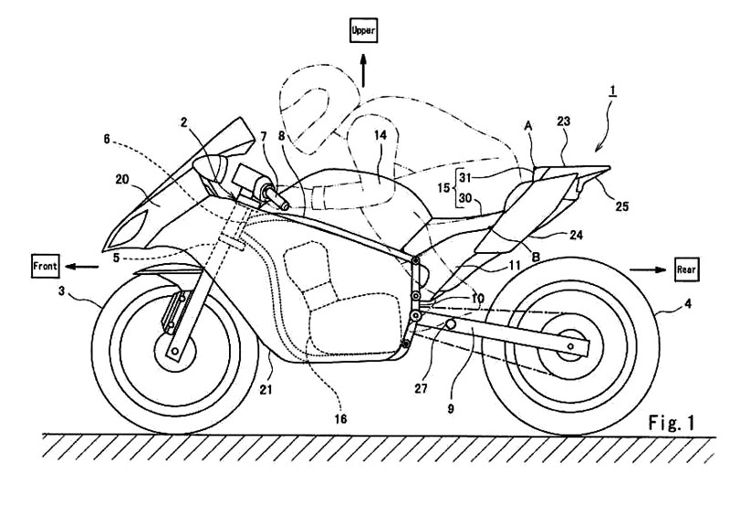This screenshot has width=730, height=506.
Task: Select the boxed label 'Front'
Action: click(44, 266)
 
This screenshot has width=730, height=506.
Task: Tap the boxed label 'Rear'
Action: click(687, 270)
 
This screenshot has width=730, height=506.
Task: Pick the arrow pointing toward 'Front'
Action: click(83, 267)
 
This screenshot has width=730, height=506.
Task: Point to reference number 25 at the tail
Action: click(621, 206)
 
